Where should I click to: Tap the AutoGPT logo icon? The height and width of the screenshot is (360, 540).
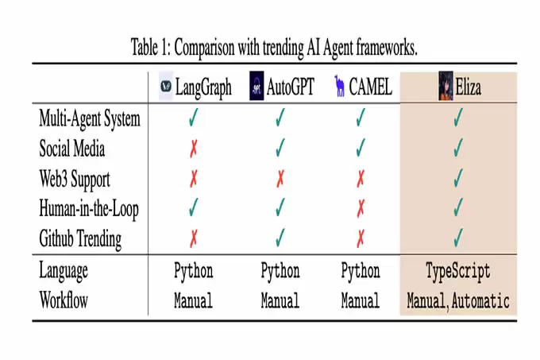coord(256,86)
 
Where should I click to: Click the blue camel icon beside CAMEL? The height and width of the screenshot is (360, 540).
coord(340,86)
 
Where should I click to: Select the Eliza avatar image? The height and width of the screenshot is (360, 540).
coord(445,86)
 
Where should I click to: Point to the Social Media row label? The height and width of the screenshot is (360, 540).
coord(72,149)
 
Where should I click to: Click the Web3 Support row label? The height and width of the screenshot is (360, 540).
coord(75,180)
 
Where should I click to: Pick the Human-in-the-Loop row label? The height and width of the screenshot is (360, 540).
coord(89,209)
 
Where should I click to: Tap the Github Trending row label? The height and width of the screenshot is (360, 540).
coord(80,238)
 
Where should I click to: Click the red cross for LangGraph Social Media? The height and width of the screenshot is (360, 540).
coord(194,149)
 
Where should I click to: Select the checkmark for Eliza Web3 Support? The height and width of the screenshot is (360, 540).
coord(458,178)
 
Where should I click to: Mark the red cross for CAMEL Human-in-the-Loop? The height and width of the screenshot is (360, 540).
coord(361,208)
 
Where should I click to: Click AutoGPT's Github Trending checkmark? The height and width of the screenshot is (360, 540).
coord(280,238)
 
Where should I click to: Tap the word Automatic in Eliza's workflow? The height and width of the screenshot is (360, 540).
coord(480,300)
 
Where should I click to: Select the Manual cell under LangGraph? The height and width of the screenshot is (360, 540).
coord(193,300)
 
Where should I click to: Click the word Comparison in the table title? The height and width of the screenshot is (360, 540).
coord(204,48)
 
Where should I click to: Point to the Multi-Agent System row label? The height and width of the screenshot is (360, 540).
coord(90,119)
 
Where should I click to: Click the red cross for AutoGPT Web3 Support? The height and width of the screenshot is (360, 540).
coord(280,179)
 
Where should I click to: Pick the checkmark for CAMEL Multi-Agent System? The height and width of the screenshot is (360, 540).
coord(361,118)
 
